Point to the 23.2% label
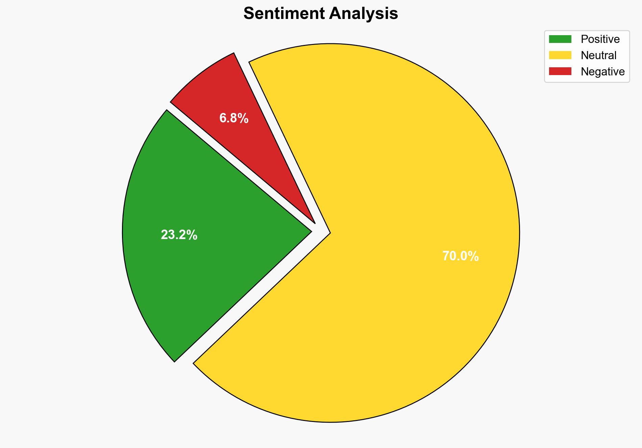coord(179,235)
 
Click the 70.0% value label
coord(460,256)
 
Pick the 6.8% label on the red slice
coord(234,118)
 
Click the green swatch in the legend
coord(560,39)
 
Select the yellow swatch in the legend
coord(560,55)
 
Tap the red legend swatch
coord(560,71)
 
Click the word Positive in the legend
coord(600,39)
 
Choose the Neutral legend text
coord(598,55)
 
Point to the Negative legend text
coord(602,71)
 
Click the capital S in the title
coord(249,14)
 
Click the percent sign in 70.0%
coord(474,256)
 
